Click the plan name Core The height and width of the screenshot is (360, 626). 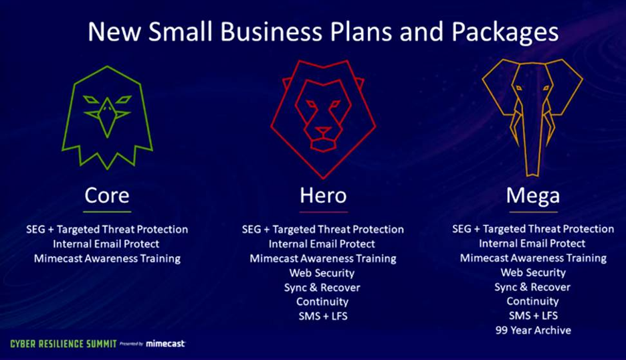click(x=107, y=195)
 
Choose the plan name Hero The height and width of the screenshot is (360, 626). click(x=323, y=195)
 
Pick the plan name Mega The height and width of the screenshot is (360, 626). click(x=533, y=195)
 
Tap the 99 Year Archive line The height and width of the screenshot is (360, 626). click(x=533, y=330)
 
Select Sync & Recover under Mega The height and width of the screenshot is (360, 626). click(x=533, y=287)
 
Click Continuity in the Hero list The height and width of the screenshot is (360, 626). click(x=322, y=302)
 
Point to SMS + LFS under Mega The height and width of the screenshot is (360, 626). click(x=533, y=316)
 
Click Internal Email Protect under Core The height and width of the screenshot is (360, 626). click(x=107, y=244)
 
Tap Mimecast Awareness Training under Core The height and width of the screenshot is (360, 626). click(x=107, y=258)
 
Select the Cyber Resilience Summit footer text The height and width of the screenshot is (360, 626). click(x=63, y=343)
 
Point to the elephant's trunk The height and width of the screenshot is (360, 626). click(x=533, y=144)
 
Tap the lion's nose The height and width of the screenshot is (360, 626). click(x=323, y=129)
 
